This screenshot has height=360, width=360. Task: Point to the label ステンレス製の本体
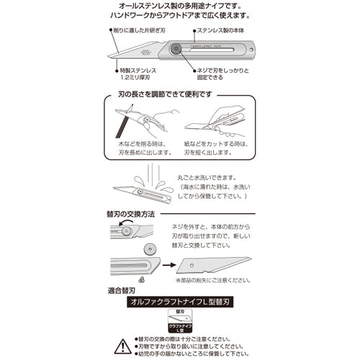point(224,32)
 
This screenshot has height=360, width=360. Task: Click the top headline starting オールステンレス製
point(179,6)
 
